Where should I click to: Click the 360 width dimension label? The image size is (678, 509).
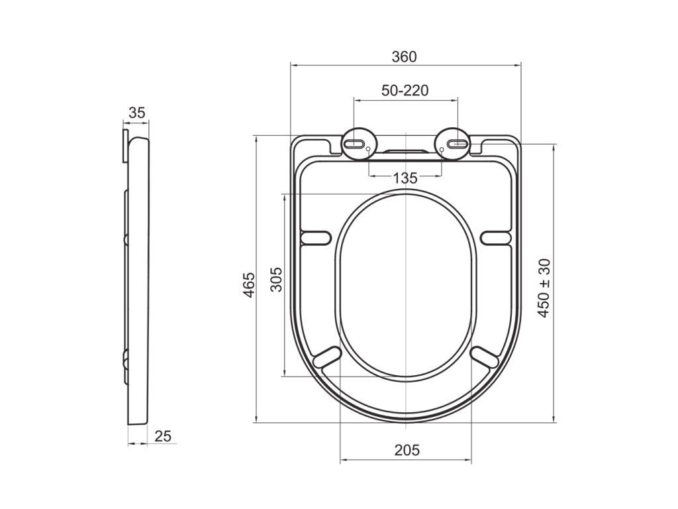click(405, 57)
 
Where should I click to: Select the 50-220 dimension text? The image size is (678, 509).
click(405, 90)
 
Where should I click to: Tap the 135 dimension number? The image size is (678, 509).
click(405, 178)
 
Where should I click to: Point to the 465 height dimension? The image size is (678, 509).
click(249, 285)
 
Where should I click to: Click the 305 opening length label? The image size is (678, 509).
click(276, 280)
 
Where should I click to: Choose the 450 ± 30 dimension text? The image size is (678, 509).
click(544, 288)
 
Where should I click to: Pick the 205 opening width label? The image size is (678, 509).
click(407, 450)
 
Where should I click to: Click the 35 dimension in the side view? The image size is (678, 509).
click(137, 113)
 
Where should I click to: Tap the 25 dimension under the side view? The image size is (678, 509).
click(163, 436)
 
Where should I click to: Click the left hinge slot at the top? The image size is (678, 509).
click(355, 144)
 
